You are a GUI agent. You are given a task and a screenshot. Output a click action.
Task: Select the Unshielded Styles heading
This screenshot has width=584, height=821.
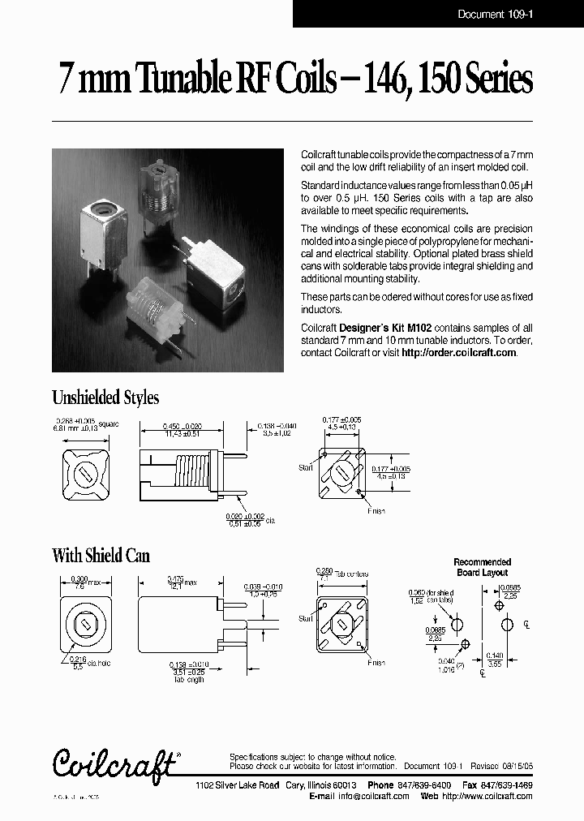click(105, 398)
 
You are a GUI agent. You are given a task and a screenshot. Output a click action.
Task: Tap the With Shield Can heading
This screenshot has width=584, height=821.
click(101, 556)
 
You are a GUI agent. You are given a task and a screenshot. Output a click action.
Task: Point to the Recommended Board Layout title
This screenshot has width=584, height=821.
click(482, 566)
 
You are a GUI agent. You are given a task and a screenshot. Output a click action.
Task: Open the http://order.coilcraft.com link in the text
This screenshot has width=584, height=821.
click(458, 353)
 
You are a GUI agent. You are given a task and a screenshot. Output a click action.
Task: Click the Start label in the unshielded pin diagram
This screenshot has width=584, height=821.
click(305, 468)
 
